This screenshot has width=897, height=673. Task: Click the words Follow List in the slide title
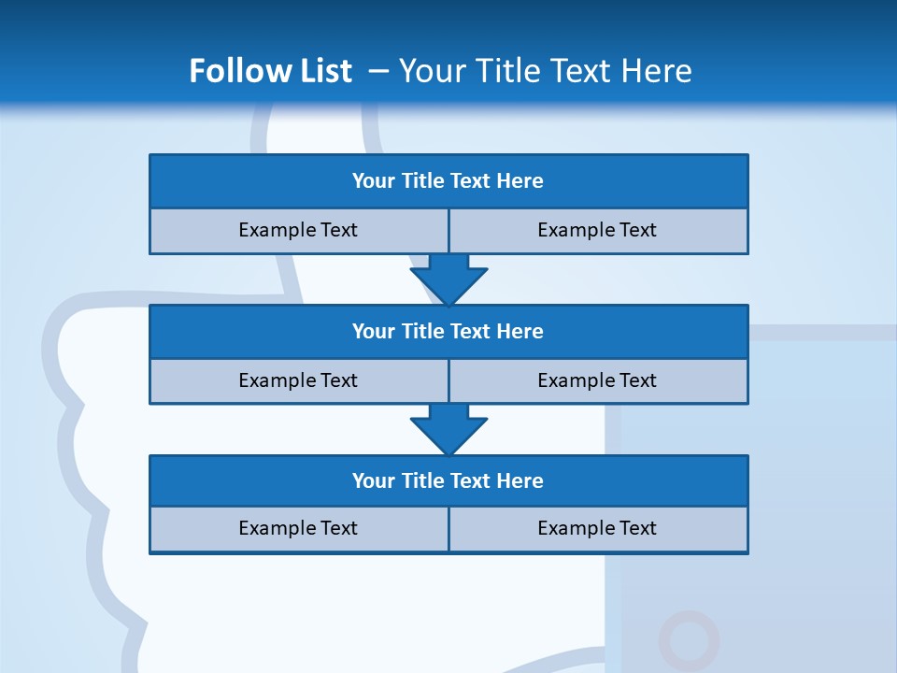tap(270, 71)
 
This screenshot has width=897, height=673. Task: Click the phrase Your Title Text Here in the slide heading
tap(545, 71)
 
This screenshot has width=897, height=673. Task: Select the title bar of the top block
tap(448, 181)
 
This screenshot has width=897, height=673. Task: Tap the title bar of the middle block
tap(448, 332)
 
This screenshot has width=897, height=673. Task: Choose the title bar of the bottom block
tap(448, 481)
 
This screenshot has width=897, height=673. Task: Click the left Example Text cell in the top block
tap(298, 230)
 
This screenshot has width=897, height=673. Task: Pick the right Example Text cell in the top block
tap(597, 230)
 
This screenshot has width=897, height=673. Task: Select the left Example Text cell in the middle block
tap(298, 380)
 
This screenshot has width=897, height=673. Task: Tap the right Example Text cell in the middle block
tap(597, 380)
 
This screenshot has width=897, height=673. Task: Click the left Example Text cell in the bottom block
tap(298, 528)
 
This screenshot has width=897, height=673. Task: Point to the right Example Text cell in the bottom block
tap(597, 528)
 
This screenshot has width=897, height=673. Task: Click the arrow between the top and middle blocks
tap(448, 279)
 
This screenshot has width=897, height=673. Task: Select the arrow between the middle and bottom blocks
tap(448, 429)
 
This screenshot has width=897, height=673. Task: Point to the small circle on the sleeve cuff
tap(689, 640)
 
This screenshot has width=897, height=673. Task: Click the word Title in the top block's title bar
tap(422, 181)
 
